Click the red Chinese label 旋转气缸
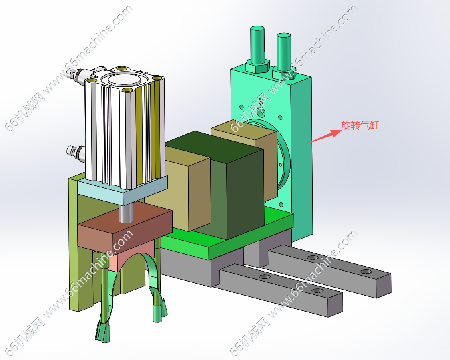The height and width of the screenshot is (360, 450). click(x=360, y=125)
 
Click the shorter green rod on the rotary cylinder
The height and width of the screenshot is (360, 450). click(x=284, y=52)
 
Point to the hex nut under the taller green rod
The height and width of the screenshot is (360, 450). click(x=257, y=66)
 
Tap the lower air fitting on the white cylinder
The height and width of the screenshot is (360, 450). click(x=76, y=152)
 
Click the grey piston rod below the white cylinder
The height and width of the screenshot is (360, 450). click(x=126, y=213)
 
